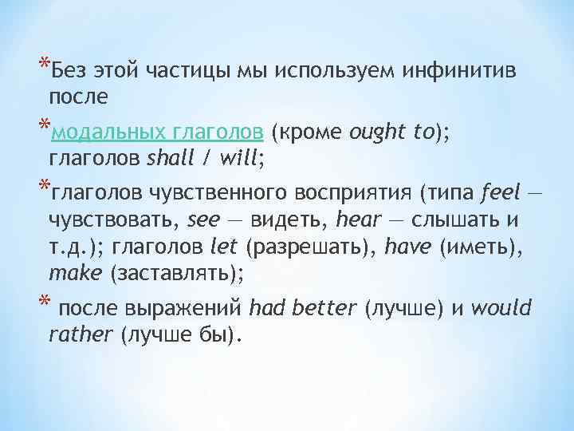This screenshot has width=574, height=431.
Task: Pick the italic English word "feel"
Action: tap(501, 192)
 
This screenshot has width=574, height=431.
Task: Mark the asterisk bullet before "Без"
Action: tap(42, 66)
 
